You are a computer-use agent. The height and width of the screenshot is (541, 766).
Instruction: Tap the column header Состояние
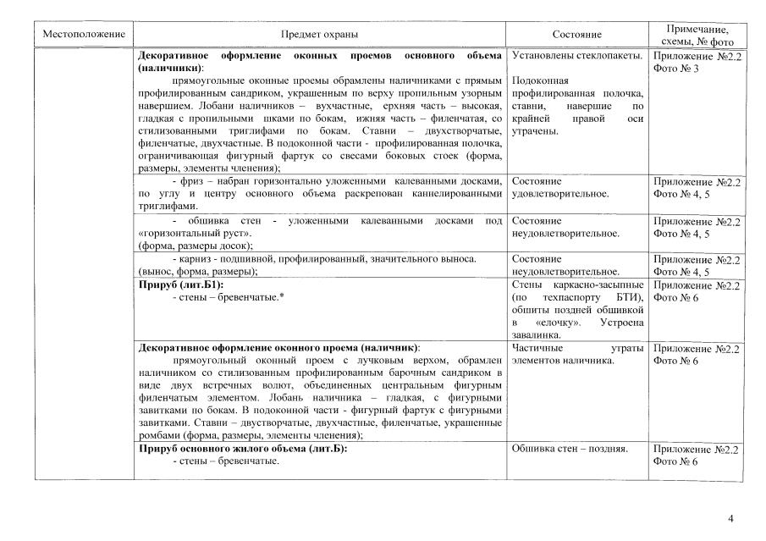(576, 34)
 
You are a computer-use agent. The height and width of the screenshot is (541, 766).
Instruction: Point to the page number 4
(731, 518)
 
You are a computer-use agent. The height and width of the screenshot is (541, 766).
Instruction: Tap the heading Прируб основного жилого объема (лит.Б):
(243, 449)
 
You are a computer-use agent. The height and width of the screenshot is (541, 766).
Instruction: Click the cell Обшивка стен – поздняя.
(570, 449)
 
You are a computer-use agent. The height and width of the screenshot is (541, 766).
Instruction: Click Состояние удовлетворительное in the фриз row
(559, 187)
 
